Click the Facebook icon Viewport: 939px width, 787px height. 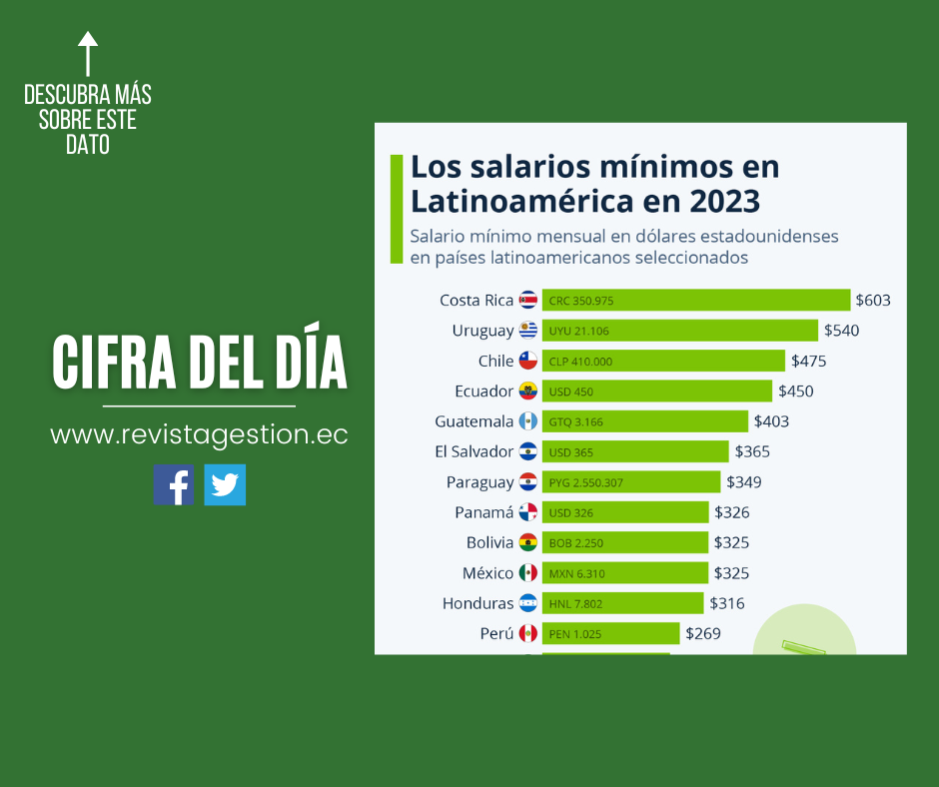pyautogui.click(x=174, y=484)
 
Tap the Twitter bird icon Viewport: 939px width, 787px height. pyautogui.click(x=225, y=484)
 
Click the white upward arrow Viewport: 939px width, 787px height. pyautogui.click(x=88, y=54)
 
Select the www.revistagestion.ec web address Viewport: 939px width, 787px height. pyautogui.click(x=199, y=435)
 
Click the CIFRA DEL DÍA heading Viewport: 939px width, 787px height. pyautogui.click(x=200, y=363)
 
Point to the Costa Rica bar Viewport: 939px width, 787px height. pyautogui.click(x=695, y=301)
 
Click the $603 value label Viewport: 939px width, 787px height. pyautogui.click(x=873, y=301)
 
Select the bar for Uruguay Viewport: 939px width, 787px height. pyautogui.click(x=679, y=331)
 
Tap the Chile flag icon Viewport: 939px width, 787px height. pyautogui.click(x=527, y=361)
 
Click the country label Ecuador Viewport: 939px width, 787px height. pyautogui.click(x=483, y=392)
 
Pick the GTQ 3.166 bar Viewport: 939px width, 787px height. pyautogui.click(x=644, y=421)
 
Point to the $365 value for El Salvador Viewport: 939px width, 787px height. pyautogui.click(x=752, y=451)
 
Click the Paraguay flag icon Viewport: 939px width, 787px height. pyautogui.click(x=527, y=482)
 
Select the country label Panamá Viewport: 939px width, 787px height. pyautogui.click(x=483, y=512)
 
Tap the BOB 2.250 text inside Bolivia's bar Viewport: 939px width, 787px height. pyautogui.click(x=576, y=543)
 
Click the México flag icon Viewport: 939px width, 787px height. pyautogui.click(x=527, y=573)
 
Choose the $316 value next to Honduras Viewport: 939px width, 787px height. pyautogui.click(x=727, y=603)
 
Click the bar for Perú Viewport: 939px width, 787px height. pyautogui.click(x=610, y=633)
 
